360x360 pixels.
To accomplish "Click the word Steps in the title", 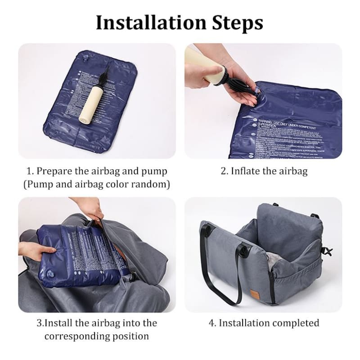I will (238, 22).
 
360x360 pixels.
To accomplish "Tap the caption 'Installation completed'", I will (270, 323).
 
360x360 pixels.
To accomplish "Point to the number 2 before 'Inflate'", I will (223, 171).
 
